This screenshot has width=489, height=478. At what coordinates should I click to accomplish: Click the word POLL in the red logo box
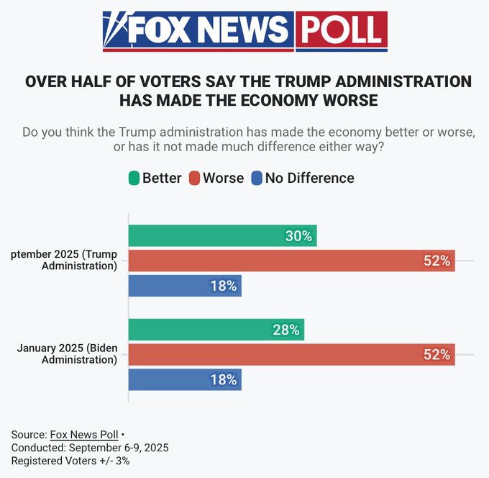pos(341,30)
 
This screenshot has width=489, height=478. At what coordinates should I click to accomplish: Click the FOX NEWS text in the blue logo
pos(208,30)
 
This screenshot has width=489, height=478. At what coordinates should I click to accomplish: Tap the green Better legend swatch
pos(133,178)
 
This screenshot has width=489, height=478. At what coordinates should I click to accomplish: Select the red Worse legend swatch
pos(194,178)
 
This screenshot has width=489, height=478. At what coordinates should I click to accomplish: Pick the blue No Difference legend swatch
pos(257,178)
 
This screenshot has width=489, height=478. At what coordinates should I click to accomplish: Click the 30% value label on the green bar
pos(297,236)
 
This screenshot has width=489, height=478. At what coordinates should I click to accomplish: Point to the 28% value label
pos(285,330)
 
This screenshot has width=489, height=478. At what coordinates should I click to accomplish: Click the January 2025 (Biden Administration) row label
pos(67,354)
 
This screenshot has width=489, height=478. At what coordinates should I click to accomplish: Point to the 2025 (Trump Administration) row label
pos(64,261)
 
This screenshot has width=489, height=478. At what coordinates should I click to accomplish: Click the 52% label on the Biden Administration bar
pos(437,354)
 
